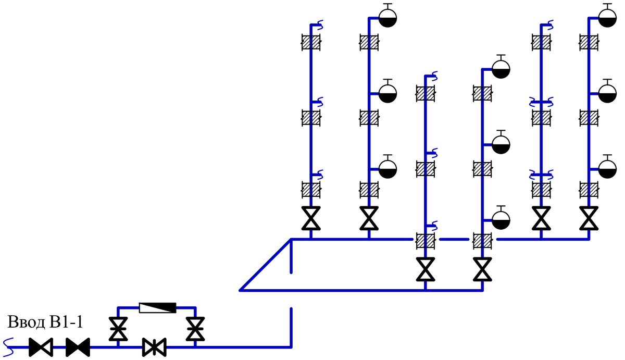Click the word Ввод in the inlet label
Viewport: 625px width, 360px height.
click(x=26, y=322)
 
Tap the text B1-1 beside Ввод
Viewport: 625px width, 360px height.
click(x=66, y=322)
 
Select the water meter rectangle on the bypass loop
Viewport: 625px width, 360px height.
click(x=158, y=308)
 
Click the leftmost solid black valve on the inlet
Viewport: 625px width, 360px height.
click(x=41, y=347)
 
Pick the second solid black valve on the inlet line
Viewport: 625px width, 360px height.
click(x=78, y=347)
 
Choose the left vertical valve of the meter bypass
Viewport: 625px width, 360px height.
click(x=118, y=329)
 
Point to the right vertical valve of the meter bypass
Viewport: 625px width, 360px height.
click(x=195, y=329)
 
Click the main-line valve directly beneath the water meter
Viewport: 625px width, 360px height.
click(x=154, y=347)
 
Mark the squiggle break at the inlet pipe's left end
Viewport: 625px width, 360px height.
click(x=8, y=347)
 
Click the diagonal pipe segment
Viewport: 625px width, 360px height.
click(x=265, y=265)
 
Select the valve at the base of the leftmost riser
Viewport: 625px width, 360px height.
click(x=311, y=218)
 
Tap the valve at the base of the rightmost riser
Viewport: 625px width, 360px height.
click(x=589, y=218)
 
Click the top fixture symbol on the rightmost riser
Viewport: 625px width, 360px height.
click(x=607, y=16)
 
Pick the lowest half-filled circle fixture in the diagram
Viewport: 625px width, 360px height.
click(x=501, y=218)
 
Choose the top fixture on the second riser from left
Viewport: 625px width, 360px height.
click(x=387, y=16)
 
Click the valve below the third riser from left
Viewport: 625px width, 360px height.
click(x=426, y=269)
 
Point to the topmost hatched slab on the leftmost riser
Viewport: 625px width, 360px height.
click(x=311, y=42)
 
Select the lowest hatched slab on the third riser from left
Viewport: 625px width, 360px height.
click(x=426, y=241)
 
